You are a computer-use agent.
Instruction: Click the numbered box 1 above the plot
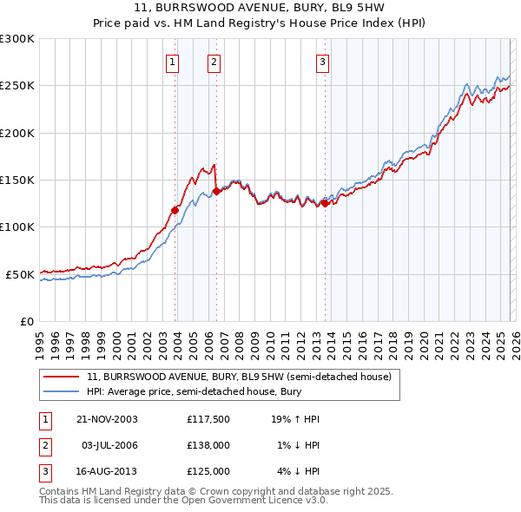click(x=173, y=62)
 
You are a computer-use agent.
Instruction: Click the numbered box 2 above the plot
click(x=214, y=62)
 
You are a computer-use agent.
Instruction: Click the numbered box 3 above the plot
click(x=322, y=62)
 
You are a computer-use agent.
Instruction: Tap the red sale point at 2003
click(x=175, y=209)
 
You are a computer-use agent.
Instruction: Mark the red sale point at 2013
click(x=325, y=203)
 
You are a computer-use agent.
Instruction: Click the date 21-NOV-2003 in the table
click(x=107, y=419)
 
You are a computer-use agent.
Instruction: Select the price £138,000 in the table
click(x=208, y=445)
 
